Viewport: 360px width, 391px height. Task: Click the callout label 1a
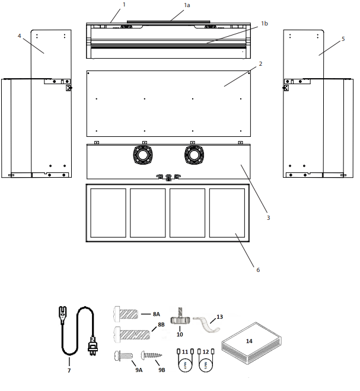(x=187, y=5)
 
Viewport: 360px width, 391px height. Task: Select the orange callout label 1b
(x=265, y=23)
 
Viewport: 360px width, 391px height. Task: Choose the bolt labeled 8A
(x=126, y=313)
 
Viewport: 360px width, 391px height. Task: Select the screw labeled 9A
(x=122, y=356)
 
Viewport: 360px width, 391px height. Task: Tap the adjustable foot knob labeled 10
(x=180, y=318)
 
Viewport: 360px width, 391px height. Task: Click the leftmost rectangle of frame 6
(x=108, y=212)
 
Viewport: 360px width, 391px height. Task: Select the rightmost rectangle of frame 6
(x=227, y=212)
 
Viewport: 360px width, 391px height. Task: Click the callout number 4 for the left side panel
(x=20, y=36)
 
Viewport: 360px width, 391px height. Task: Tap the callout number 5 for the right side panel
(x=343, y=40)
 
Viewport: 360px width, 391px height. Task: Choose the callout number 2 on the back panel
(x=260, y=62)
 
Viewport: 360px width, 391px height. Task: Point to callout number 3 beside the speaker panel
(x=268, y=218)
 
